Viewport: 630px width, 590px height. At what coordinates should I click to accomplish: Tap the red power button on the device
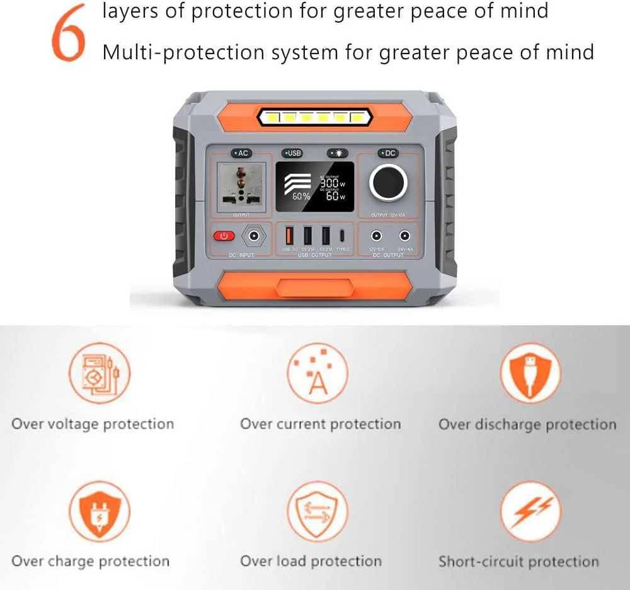coord(224,236)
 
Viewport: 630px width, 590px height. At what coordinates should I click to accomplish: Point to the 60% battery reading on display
coord(301,196)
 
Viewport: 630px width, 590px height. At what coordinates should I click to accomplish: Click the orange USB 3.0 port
coord(290,236)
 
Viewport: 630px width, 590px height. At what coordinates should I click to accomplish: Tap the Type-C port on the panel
coord(342,236)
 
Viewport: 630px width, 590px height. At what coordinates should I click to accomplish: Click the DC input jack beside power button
coord(254,236)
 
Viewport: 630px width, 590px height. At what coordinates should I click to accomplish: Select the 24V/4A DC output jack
coord(404,236)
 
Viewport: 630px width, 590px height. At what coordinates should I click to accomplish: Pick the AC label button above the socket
coord(241,153)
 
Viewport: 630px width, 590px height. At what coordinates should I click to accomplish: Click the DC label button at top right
coord(388,153)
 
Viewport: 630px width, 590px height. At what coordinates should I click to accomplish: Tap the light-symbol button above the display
coord(337,153)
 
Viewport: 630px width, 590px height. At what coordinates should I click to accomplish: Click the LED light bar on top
coord(313,117)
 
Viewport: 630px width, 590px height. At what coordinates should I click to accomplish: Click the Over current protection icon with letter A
coord(318,373)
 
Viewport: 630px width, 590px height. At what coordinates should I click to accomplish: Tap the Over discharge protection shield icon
coord(530,373)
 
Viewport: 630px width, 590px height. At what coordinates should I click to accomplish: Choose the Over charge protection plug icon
coord(99,511)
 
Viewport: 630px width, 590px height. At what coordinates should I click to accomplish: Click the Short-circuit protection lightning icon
coord(530,511)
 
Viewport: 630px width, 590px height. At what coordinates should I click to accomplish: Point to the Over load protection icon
coord(317,511)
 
